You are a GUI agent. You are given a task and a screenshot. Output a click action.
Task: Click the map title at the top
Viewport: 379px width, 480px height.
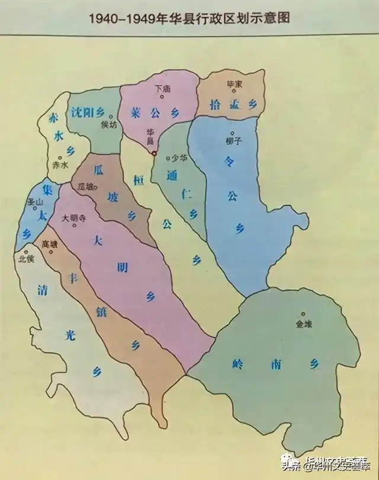point(189,18)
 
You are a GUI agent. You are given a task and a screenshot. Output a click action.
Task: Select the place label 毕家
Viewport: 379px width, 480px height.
point(235,85)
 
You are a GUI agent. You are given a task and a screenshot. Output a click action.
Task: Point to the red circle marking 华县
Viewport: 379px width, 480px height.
point(154,153)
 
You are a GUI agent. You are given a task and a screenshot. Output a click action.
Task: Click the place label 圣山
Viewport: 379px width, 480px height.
point(37,202)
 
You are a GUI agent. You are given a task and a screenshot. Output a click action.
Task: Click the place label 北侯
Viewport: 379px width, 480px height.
point(27,259)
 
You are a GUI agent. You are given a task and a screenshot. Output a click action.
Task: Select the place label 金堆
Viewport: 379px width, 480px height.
point(303,323)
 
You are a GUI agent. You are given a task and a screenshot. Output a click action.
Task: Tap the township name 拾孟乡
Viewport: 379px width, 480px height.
point(234,105)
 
